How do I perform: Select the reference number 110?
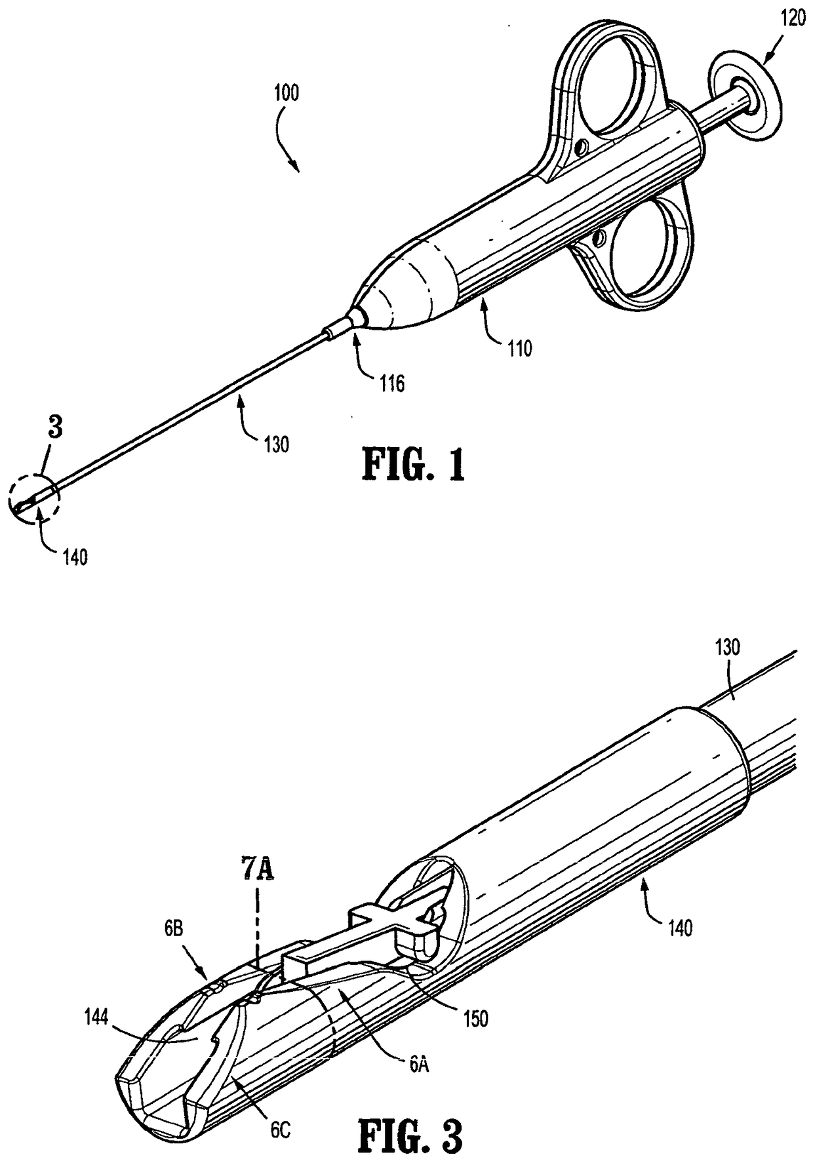518,347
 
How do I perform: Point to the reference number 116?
391,383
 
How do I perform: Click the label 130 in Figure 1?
276,444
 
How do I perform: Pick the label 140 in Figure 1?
75,558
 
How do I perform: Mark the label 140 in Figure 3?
679,928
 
